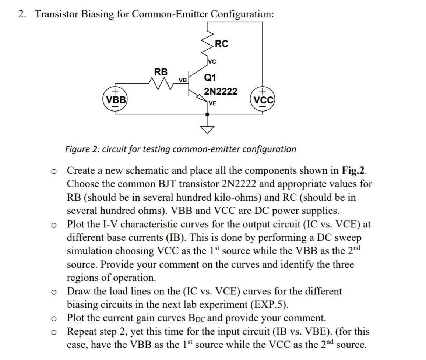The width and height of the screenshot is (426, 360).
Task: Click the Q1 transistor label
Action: click(x=210, y=78)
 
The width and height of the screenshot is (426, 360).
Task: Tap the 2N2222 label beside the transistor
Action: click(x=221, y=91)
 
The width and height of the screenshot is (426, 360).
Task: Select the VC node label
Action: click(x=212, y=61)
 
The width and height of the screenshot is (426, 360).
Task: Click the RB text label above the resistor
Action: click(x=161, y=71)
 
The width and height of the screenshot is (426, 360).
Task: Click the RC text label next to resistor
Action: click(x=221, y=44)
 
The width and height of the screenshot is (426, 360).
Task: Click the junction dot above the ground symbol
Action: click(x=207, y=114)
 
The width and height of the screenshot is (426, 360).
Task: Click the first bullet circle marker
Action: click(x=54, y=171)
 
